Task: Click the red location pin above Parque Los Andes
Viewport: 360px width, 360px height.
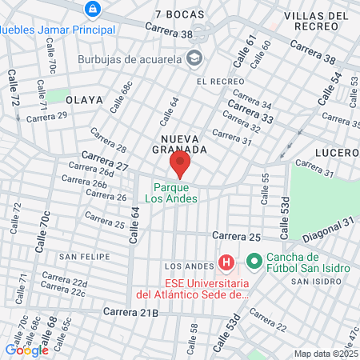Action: tap(180, 166)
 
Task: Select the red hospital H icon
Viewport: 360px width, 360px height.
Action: tap(226, 262)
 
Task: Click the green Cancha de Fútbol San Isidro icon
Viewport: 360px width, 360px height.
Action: tap(255, 262)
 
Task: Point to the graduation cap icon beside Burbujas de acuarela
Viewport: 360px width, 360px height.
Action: tap(194, 58)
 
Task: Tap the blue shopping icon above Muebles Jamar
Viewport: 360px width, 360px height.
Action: tap(93, 10)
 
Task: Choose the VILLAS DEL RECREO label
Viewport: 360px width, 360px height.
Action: tap(317, 20)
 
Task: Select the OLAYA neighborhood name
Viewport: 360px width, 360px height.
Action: tap(85, 100)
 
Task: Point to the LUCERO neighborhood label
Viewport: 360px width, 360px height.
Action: tap(339, 152)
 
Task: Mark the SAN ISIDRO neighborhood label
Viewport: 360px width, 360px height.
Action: tap(320, 282)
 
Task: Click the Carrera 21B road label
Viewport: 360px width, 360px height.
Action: tap(130, 311)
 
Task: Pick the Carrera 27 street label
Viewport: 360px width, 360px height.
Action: tap(105, 160)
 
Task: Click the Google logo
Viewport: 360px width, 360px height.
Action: tap(26, 350)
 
